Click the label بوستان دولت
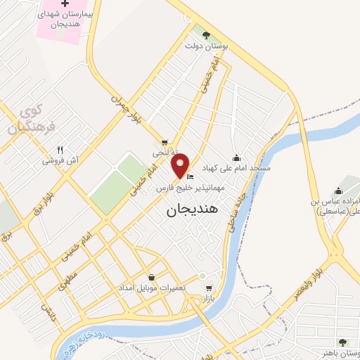coord(202,46)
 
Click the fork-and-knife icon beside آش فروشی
coord(60,150)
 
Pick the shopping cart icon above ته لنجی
coord(165,141)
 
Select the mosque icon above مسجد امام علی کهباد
coord(236,157)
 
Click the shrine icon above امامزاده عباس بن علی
coord(338,191)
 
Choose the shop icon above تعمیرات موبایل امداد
coord(152,278)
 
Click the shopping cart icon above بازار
coord(207,288)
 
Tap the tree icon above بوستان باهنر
coord(342,342)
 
